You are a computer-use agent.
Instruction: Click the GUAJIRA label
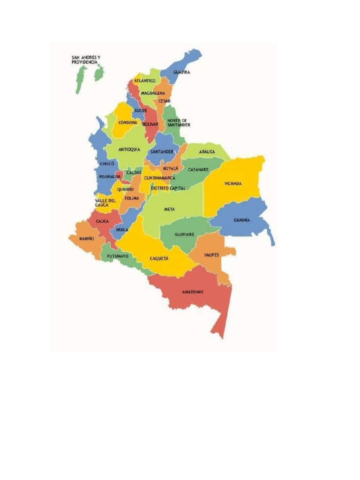coord(181,72)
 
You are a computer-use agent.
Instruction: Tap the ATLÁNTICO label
coord(145,81)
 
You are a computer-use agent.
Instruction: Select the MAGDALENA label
coord(153,93)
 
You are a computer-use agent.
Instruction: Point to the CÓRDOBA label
coord(127,122)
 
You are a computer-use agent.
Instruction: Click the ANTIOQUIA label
coord(129,150)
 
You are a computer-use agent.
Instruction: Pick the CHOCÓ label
coord(107,164)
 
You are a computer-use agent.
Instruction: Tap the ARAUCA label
coord(207,152)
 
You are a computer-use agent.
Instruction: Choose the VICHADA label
coord(233,183)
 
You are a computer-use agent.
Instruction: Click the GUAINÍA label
coord(242,220)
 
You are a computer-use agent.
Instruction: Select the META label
coord(169,209)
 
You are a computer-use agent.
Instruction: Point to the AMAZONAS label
coord(193,292)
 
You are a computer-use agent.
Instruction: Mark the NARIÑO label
coord(87,239)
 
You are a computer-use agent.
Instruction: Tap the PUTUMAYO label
coord(118,256)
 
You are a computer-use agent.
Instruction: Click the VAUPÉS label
coord(212,255)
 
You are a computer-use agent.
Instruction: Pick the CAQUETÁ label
coord(159,258)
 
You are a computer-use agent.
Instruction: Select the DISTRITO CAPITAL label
coord(168,188)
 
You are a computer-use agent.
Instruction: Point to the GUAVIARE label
coord(184,234)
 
